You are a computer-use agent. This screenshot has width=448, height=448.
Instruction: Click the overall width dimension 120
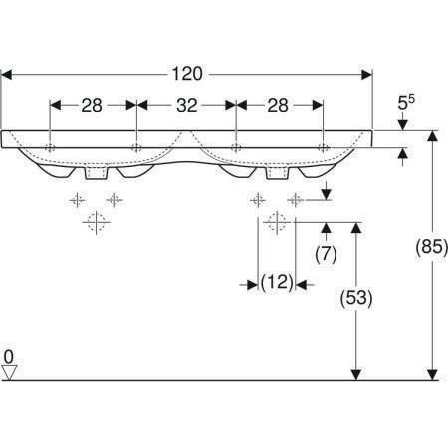pyautogui.click(x=187, y=74)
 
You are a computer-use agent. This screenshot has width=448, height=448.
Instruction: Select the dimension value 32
pyautogui.click(x=187, y=106)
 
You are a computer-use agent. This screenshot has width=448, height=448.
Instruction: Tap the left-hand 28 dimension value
pyautogui.click(x=92, y=106)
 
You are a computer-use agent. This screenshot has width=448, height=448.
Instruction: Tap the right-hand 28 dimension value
pyautogui.click(x=278, y=106)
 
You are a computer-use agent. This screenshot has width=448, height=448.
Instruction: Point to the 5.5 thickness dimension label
pyautogui.click(x=406, y=103)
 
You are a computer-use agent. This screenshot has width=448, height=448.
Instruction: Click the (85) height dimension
pyautogui.click(x=432, y=247)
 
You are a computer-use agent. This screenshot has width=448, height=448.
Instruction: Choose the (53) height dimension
pyautogui.click(x=356, y=298)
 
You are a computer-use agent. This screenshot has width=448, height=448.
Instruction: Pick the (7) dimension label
pyautogui.click(x=326, y=254)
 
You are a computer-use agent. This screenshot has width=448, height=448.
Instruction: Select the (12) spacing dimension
pyautogui.click(x=277, y=282)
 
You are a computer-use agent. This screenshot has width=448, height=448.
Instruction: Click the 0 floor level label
pyautogui.click(x=9, y=357)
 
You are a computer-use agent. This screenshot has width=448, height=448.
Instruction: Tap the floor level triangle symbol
pyautogui.click(x=9, y=373)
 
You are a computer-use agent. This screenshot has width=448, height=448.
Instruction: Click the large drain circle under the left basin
pyautogui.click(x=96, y=222)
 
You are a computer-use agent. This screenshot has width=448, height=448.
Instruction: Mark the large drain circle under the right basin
pyautogui.click(x=277, y=222)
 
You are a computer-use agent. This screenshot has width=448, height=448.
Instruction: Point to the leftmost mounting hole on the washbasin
pyautogui.click(x=50, y=147)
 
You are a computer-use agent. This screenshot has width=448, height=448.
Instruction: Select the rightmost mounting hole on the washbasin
pyautogui.click(x=323, y=147)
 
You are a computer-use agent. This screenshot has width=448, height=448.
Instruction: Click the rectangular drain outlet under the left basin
pyautogui.click(x=97, y=173)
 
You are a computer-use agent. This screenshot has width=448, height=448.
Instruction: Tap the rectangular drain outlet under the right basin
pyautogui.click(x=277, y=173)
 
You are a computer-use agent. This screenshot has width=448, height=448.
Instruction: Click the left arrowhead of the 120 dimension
pyautogui.click(x=7, y=75)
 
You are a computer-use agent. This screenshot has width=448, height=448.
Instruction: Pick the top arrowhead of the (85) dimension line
pyautogui.click(x=432, y=136)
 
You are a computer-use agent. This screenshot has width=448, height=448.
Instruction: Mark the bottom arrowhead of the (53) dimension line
pyautogui.click(x=356, y=375)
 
